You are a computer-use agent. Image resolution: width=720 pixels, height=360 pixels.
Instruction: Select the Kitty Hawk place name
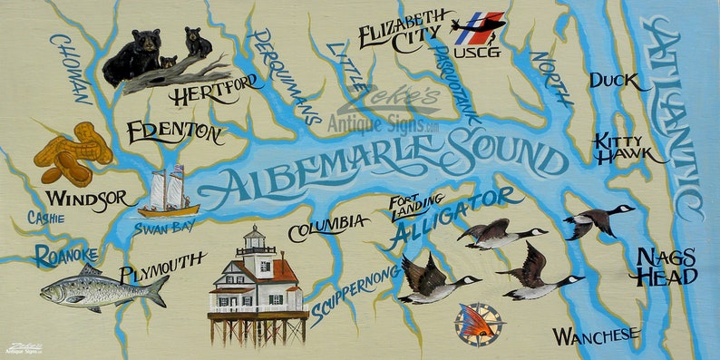(620, 149)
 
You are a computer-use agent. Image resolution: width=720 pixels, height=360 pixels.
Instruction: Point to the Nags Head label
(666, 267)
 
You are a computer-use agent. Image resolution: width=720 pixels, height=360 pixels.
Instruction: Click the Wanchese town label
(596, 336)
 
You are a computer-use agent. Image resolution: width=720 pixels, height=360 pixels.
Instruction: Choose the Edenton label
(174, 133)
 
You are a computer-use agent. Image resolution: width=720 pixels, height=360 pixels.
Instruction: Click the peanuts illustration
(73, 154)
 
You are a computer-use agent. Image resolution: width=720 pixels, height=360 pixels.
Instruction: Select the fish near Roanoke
(103, 289)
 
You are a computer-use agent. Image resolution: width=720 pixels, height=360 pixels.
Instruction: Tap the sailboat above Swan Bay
(168, 192)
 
